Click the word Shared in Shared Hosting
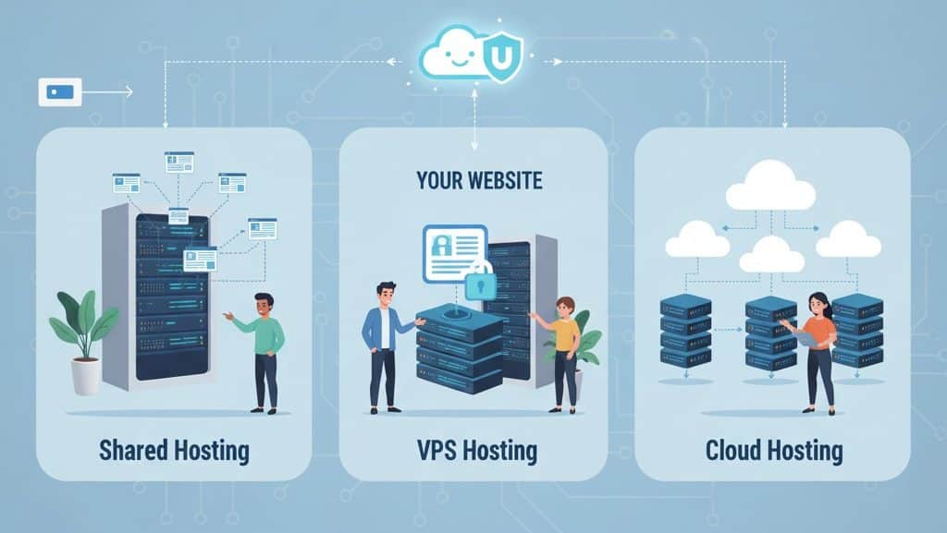click(x=133, y=451)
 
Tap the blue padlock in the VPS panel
click(x=480, y=282)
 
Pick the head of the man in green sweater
click(x=264, y=305)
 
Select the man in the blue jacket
click(x=382, y=342)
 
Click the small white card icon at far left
click(x=59, y=92)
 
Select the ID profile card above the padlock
click(x=453, y=252)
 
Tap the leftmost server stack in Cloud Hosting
click(x=685, y=331)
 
